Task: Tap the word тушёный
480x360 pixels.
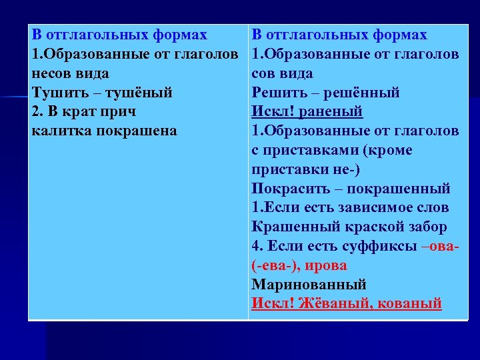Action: (139, 93)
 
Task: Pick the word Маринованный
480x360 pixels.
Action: (309, 285)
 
